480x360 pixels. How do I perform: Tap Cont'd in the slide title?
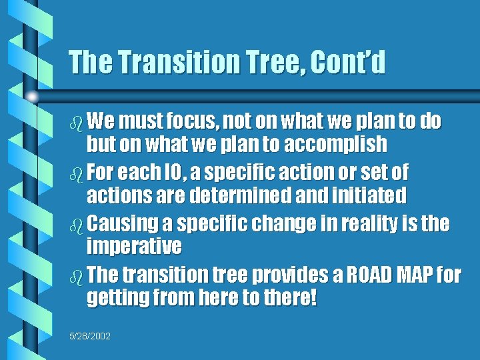(x=347, y=63)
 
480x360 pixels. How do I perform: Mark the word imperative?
(x=134, y=247)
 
